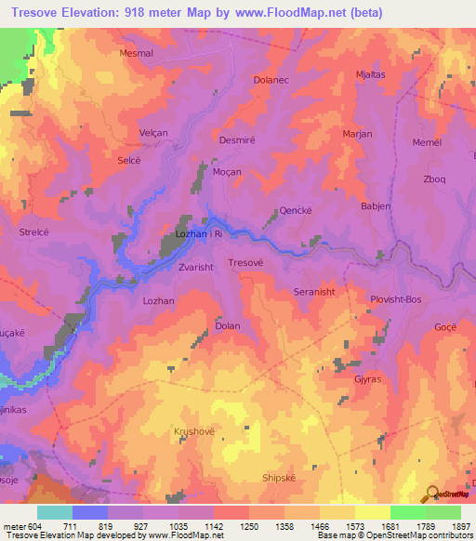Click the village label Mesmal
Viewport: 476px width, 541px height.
(136, 54)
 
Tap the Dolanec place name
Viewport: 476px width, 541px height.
(272, 81)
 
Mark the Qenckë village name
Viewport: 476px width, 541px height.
(295, 211)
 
